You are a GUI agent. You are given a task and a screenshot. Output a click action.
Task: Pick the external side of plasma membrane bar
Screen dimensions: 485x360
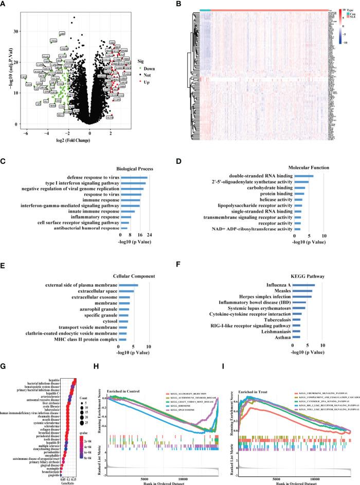pos(128,285)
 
